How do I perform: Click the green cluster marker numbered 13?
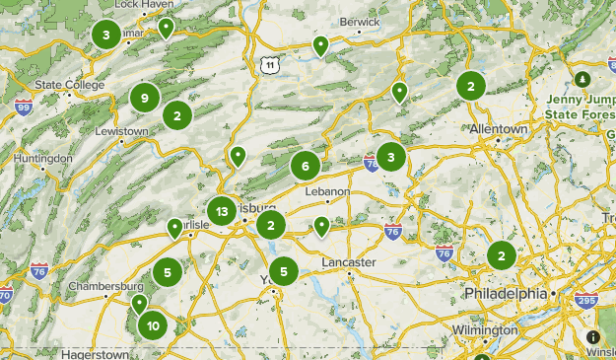click(x=222, y=211)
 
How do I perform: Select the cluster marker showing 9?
click(x=145, y=98)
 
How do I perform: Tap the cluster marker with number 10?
click(x=153, y=325)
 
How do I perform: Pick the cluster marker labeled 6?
click(x=306, y=166)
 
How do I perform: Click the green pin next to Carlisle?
click(x=175, y=228)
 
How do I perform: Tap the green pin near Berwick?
click(x=320, y=45)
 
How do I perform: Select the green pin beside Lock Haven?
click(x=167, y=28)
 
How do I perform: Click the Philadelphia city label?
click(x=505, y=294)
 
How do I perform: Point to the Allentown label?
click(x=499, y=129)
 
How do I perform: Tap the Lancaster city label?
click(x=349, y=262)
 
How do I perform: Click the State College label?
click(x=69, y=85)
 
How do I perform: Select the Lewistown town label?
click(x=121, y=131)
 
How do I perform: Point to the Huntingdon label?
click(x=42, y=158)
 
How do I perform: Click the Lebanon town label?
click(x=328, y=190)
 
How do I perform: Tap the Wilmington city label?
click(x=485, y=329)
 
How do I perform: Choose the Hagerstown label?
click(x=95, y=353)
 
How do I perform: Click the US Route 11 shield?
click(x=268, y=65)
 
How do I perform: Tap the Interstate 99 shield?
click(x=24, y=107)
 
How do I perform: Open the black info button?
click(x=593, y=336)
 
